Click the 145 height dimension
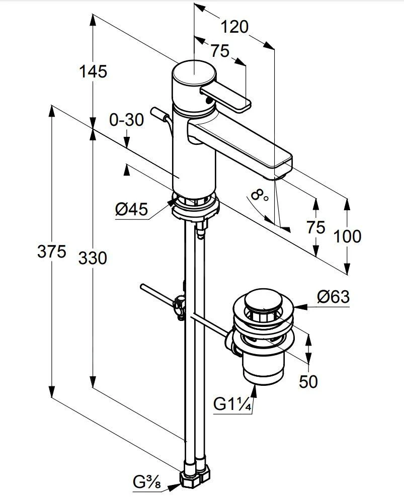pos(93,71)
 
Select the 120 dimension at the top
pos(235,26)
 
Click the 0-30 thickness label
pos(126,120)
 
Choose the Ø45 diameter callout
pos(131,209)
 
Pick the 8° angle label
pos(259,195)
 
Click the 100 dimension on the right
pos(347,235)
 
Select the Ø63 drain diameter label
pos(333,297)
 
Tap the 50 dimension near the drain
pos(308,382)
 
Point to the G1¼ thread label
pos(232,403)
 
